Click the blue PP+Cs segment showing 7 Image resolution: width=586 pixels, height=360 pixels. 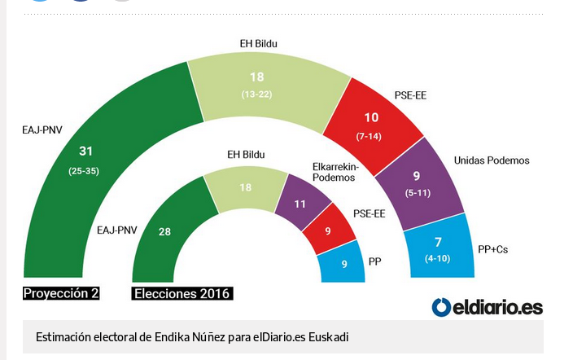click(x=439, y=246)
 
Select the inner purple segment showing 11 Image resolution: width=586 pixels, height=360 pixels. click(x=301, y=204)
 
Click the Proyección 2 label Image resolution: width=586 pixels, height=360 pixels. click(x=61, y=293)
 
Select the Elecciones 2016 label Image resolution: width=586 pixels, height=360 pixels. click(x=182, y=293)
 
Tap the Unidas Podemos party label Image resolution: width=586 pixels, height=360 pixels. click(x=492, y=160)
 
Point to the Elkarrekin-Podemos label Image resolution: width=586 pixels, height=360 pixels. click(x=335, y=172)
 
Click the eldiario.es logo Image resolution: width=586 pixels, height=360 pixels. click(x=487, y=307)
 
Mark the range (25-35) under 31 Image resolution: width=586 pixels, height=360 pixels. click(x=85, y=172)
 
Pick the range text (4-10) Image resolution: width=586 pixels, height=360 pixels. click(x=439, y=259)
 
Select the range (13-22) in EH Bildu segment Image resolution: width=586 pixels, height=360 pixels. click(x=256, y=95)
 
